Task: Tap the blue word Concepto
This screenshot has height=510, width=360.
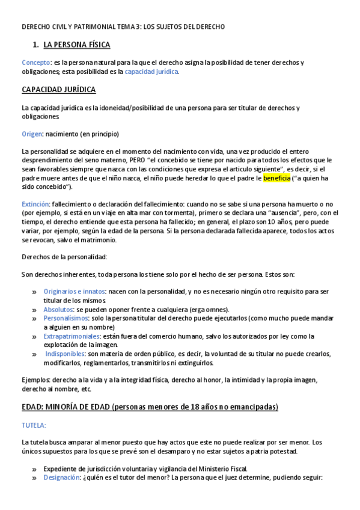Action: click(36, 63)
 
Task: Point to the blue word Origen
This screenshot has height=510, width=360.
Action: click(32, 134)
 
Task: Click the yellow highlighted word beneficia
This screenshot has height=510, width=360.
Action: click(276, 178)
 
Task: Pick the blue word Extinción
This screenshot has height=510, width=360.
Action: click(35, 204)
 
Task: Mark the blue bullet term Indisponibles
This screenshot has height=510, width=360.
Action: click(66, 354)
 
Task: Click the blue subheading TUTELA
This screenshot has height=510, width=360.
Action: click(34, 425)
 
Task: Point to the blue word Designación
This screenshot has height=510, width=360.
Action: click(62, 478)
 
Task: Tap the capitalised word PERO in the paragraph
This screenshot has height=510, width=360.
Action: click(138, 160)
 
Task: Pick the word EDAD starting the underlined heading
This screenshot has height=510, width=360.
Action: click(32, 407)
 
